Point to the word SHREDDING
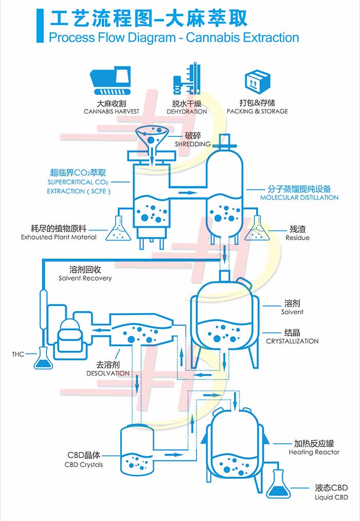click(x=193, y=145)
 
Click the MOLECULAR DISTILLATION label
click(x=299, y=197)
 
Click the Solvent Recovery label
click(x=85, y=278)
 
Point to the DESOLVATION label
click(x=108, y=373)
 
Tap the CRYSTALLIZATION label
click(x=292, y=341)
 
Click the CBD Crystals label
click(x=84, y=464)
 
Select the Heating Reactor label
click(x=314, y=452)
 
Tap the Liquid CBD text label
click(x=331, y=497)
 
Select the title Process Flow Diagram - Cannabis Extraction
click(x=174, y=37)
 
